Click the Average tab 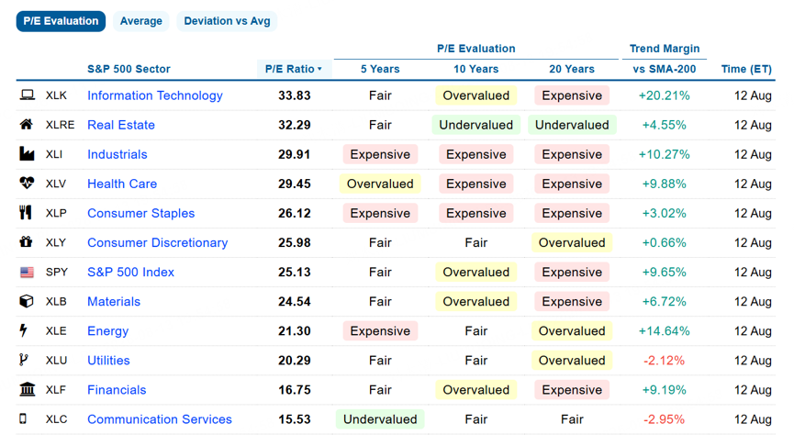coord(140,21)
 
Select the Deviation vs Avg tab coord(227,21)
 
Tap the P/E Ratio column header coord(294,69)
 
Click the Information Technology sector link coord(155,95)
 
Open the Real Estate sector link coord(121,125)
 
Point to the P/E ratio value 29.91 coord(295,154)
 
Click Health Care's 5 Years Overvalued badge coord(380,184)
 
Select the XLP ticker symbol coord(56,213)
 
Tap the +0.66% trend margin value coord(664,242)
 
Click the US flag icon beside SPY coord(27,273)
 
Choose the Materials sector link coord(114,302)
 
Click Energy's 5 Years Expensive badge coord(380,331)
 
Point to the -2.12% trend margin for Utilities coord(664,361)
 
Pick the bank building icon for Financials coord(27,389)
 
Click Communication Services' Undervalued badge coord(380,419)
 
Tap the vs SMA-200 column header coord(664,69)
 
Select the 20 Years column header coord(572,69)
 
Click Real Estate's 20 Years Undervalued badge coord(572,125)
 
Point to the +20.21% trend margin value coord(664,95)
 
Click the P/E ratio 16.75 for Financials coord(295,390)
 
